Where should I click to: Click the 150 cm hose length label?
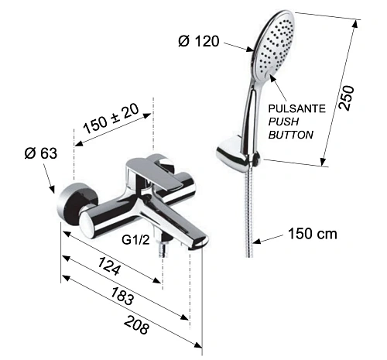(311, 233)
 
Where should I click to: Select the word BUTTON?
(290, 135)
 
